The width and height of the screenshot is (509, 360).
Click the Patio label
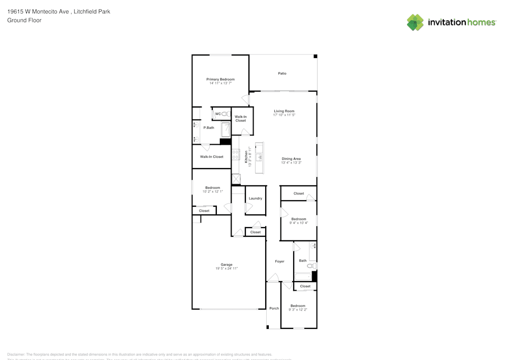(x=282, y=73)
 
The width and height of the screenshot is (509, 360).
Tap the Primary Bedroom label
(x=220, y=79)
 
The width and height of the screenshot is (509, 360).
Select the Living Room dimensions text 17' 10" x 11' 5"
(x=284, y=115)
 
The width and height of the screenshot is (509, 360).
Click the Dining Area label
(x=291, y=159)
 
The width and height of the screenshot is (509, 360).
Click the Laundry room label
(x=256, y=199)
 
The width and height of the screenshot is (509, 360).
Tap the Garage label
(x=227, y=264)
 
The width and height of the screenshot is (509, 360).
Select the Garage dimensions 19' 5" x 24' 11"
(x=227, y=268)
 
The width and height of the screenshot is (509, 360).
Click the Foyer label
(x=279, y=261)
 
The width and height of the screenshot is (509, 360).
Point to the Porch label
(x=274, y=309)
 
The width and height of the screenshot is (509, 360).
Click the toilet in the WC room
(x=226, y=114)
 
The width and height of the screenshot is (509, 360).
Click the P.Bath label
(x=209, y=128)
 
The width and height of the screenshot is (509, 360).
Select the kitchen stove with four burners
(x=236, y=155)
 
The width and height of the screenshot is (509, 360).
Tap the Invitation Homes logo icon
(x=415, y=22)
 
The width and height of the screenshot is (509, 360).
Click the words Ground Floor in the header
(x=24, y=20)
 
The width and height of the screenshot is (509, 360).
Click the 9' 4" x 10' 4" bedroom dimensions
(x=299, y=223)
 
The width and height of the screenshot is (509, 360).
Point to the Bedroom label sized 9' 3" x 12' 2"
(x=298, y=306)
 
